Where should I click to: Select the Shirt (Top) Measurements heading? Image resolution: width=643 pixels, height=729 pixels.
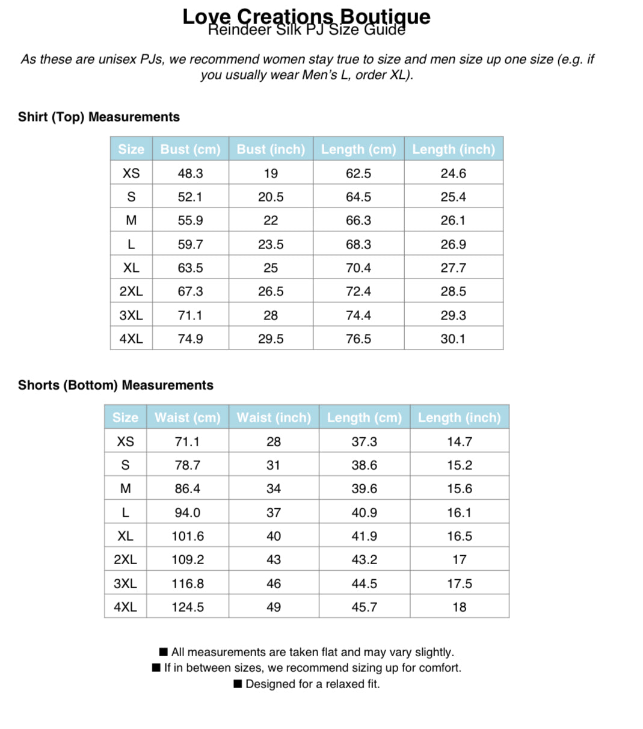click(99, 117)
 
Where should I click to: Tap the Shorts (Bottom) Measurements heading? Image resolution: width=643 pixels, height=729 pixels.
click(115, 385)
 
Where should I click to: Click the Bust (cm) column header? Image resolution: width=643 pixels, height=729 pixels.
click(190, 149)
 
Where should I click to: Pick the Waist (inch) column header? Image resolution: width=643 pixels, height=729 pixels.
click(274, 417)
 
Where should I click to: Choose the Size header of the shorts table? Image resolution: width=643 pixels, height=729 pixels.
click(125, 417)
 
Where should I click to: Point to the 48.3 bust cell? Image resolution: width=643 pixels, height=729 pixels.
click(190, 173)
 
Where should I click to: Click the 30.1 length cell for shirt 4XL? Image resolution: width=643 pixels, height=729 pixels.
click(453, 339)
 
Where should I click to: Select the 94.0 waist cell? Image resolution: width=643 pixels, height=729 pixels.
click(187, 512)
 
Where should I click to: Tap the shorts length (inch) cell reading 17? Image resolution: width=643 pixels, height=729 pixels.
click(459, 559)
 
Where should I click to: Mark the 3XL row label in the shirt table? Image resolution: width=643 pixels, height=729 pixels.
click(131, 315)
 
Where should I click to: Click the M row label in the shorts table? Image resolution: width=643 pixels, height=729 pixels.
click(125, 488)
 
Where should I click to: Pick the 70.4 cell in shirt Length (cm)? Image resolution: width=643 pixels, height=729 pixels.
click(358, 268)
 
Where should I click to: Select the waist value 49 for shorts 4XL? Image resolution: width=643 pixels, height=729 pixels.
click(274, 607)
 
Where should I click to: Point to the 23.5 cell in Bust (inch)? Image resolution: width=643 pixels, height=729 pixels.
click(271, 244)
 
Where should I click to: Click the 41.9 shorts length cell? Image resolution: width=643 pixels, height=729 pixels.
click(364, 536)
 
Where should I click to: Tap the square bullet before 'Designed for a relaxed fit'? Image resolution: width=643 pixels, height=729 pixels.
click(238, 684)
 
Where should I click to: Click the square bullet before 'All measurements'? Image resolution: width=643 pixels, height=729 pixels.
click(163, 652)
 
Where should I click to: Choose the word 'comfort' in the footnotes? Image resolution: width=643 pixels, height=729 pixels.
click(440, 668)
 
